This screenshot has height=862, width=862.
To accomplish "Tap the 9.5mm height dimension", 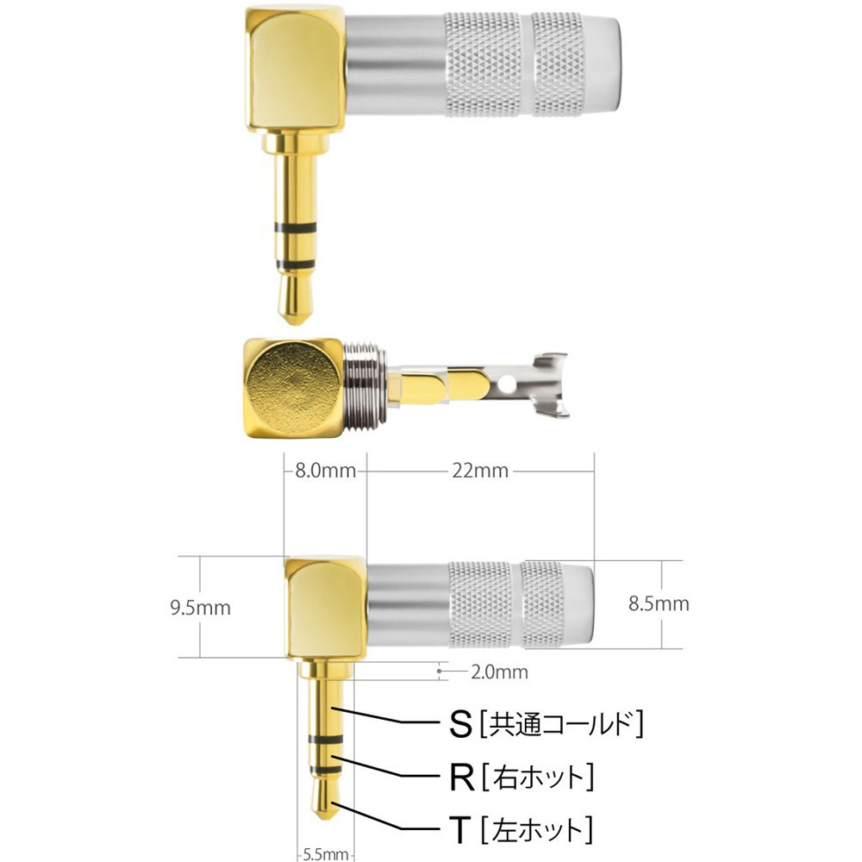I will click(201, 608).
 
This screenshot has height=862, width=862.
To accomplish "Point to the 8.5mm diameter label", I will click(659, 603).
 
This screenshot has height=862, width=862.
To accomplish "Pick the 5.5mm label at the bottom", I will click(325, 854).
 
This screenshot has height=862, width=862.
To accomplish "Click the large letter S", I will click(462, 724).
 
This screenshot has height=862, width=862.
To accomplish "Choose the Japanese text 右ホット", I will click(539, 778).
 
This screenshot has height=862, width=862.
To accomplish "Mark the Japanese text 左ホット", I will click(539, 830).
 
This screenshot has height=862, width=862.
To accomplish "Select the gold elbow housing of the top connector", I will click(293, 69).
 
